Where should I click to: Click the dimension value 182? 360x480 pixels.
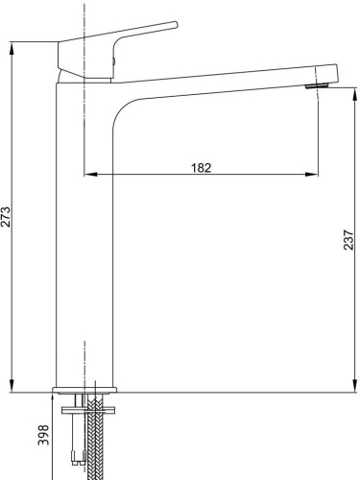click(x=202, y=168)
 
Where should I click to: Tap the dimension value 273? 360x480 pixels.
click(x=6, y=217)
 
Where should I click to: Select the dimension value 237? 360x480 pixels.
click(x=348, y=240)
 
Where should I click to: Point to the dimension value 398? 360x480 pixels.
click(x=43, y=435)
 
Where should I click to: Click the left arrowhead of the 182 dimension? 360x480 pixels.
click(x=90, y=174)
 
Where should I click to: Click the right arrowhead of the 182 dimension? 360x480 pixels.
click(x=311, y=174)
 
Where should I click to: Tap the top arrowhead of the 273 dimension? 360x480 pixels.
click(x=12, y=49)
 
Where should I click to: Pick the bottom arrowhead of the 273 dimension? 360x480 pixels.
click(x=12, y=386)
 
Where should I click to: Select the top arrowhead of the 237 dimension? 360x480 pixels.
click(x=354, y=94)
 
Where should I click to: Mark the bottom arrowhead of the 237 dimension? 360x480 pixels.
click(x=354, y=386)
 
